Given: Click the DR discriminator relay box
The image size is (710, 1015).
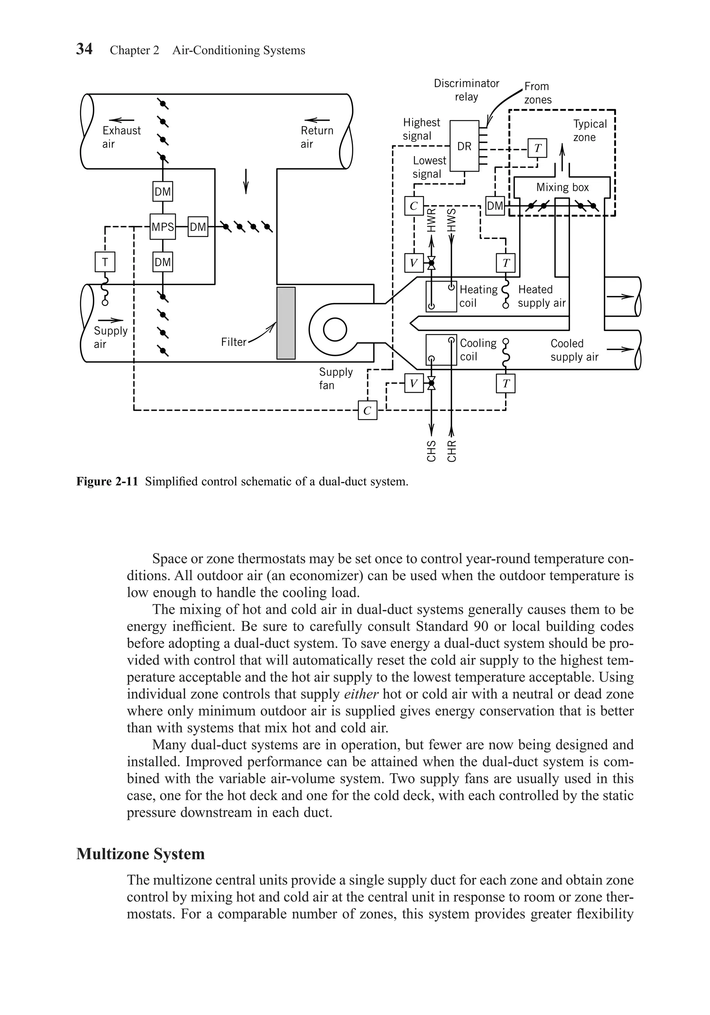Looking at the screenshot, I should pos(464,146).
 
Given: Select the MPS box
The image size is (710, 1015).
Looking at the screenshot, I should pos(163,227).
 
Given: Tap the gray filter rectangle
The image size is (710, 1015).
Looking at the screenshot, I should pos(286,323).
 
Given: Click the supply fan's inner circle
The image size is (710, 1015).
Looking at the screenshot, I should pos(335,330).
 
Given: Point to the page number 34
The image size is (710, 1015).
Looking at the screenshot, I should pos(84,49).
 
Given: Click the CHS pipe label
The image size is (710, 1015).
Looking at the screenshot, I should pos(431,451).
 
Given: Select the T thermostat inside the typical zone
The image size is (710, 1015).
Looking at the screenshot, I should pos(537,148).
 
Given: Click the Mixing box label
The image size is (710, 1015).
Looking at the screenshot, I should pos(562,187).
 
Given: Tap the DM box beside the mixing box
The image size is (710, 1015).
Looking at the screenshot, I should pos(495,206).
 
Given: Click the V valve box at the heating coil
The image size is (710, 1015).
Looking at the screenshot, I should pos(414,264).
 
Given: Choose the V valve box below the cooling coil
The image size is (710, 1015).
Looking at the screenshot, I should pos(414,383).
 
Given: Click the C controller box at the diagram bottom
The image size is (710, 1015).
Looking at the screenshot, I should pos(367,411).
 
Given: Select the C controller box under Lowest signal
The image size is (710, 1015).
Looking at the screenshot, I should pos(414,206).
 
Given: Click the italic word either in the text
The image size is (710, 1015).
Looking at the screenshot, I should pos(361,694).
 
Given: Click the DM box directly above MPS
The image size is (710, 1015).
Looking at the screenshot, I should pos(163,191).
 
